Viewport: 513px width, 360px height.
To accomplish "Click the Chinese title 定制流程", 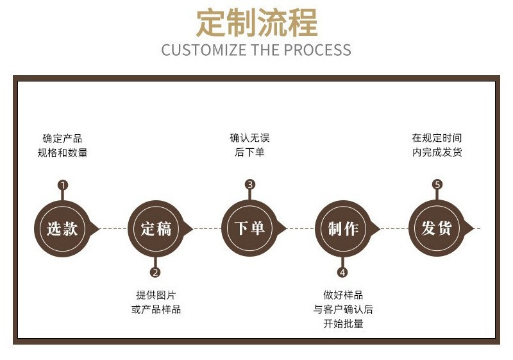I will pyautogui.click(x=256, y=23).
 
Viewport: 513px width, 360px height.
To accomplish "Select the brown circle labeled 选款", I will pyautogui.click(x=62, y=228).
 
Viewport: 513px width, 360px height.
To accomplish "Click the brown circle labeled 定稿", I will pyautogui.click(x=156, y=228).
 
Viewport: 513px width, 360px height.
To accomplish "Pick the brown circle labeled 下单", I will pyautogui.click(x=249, y=228).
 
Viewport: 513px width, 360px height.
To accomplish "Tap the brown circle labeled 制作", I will pyautogui.click(x=343, y=228).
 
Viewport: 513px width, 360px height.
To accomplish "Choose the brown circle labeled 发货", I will pyautogui.click(x=437, y=228).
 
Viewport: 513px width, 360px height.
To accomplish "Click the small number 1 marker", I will pyautogui.click(x=62, y=185).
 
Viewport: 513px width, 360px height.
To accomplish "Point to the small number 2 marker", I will pyautogui.click(x=155, y=271).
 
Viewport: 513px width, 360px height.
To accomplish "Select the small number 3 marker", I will pyautogui.click(x=249, y=185).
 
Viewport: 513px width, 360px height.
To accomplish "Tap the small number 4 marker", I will pyautogui.click(x=342, y=271).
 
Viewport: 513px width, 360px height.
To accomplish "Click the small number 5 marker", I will pyautogui.click(x=437, y=185).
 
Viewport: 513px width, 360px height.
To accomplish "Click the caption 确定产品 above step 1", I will pyautogui.click(x=62, y=138).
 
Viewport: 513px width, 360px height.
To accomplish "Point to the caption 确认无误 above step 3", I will pyautogui.click(x=249, y=138).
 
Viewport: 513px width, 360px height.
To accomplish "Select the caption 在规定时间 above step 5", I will pyautogui.click(x=437, y=138).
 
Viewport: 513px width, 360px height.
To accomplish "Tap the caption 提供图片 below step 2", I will pyautogui.click(x=156, y=295).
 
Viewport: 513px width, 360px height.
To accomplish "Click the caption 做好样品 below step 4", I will pyautogui.click(x=343, y=295).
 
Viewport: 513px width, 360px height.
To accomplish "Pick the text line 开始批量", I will pyautogui.click(x=343, y=324).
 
